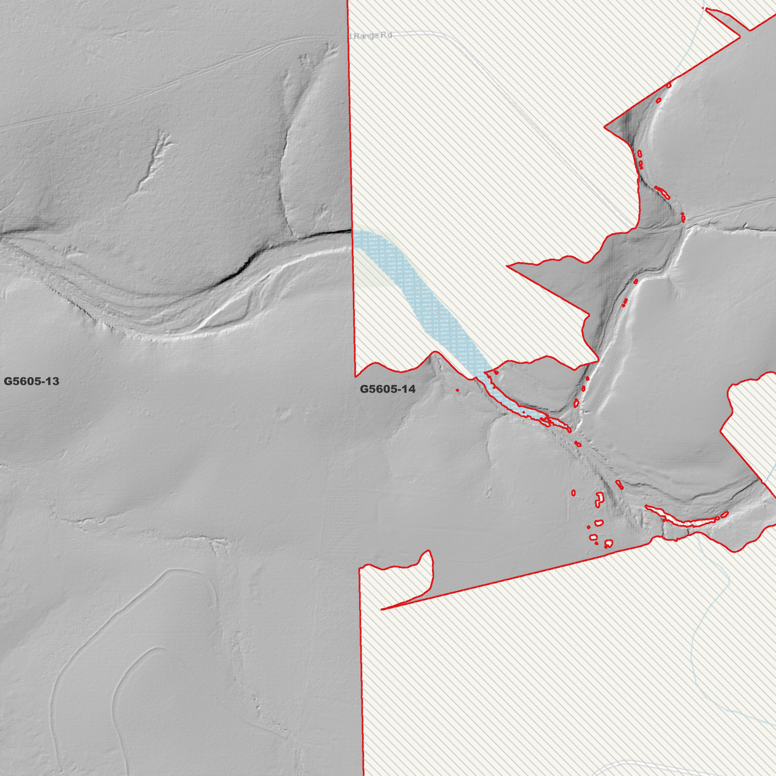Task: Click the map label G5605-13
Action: pos(31,382)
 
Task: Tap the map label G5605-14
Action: pos(387,389)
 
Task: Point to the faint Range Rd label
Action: pos(372,36)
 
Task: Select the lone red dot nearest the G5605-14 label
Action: pos(457,390)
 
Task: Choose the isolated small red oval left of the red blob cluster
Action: pos(574,492)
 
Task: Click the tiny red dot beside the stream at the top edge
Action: pos(704,8)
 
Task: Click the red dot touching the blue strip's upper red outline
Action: pos(496,372)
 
